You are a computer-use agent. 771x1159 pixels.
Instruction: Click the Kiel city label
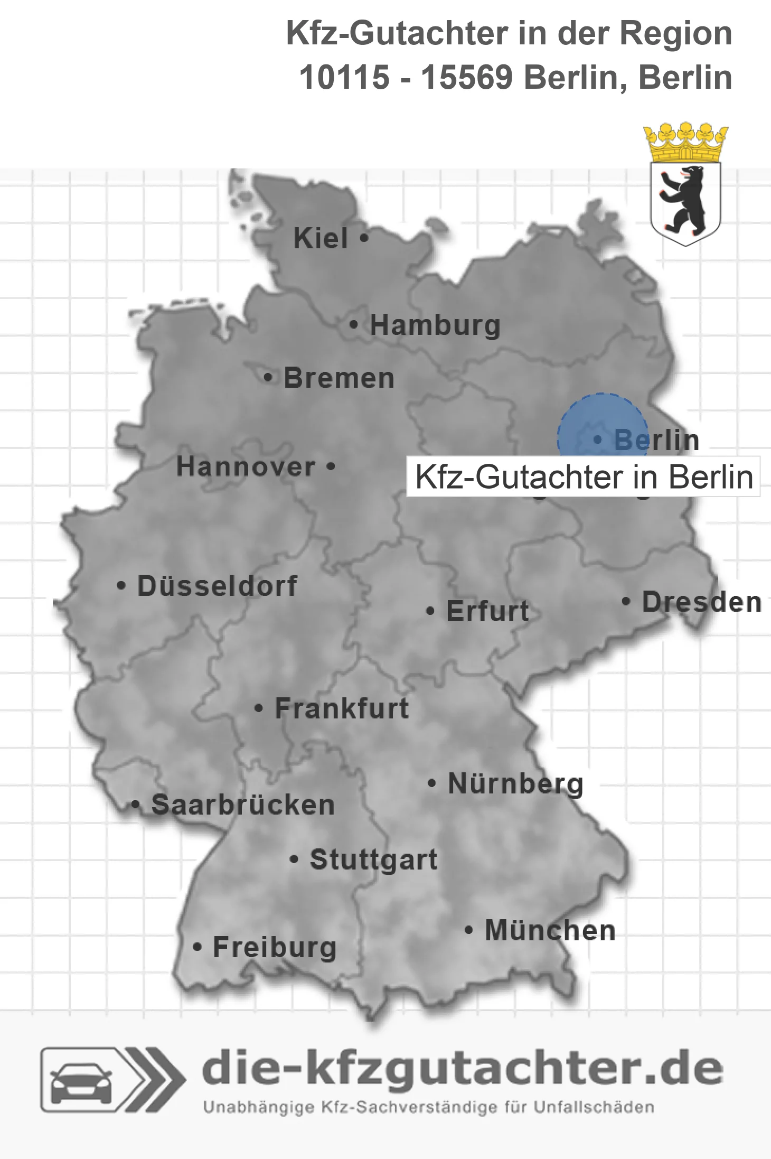[x=321, y=238]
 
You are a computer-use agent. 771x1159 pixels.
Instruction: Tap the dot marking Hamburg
[x=354, y=325]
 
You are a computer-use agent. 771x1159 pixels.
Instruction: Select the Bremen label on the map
[x=339, y=378]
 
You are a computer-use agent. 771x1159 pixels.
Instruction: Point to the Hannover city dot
[x=331, y=466]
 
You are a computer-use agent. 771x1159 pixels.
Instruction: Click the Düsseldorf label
[x=217, y=586]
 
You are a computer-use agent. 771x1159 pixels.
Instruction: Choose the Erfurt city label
[x=487, y=611]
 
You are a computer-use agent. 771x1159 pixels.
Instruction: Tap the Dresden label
[x=702, y=602]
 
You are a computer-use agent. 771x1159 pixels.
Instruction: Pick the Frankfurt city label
[x=342, y=708]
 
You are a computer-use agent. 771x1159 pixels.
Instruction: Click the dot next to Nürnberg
[x=431, y=783]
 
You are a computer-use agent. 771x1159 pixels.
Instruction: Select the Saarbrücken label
[x=243, y=805]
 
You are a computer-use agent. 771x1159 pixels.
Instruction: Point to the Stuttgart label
[x=373, y=859]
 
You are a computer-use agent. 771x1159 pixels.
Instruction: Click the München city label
[x=550, y=930]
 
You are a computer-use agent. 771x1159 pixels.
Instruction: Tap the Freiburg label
[x=274, y=947]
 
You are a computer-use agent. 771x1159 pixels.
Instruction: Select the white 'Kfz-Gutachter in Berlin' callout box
[x=583, y=477]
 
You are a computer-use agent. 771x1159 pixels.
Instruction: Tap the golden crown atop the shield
[x=685, y=142]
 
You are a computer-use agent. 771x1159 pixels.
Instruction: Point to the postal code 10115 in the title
[x=344, y=78]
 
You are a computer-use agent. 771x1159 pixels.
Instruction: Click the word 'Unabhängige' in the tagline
[x=259, y=1107]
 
